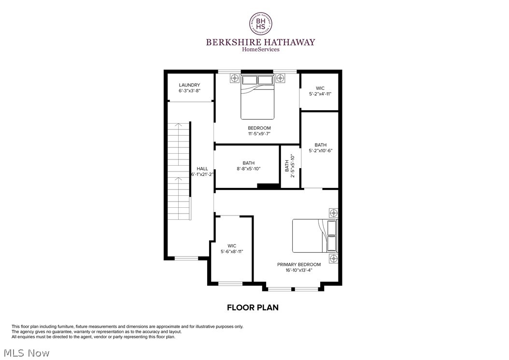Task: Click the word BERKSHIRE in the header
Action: tap(230, 42)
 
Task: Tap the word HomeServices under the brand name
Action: tap(260, 49)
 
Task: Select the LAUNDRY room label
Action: tap(189, 85)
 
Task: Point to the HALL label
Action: tap(202, 169)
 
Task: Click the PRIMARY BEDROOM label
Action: tap(299, 264)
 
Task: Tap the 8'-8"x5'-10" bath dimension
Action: tap(249, 169)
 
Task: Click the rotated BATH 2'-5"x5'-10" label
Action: tap(289, 166)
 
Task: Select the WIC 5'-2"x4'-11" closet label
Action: tap(320, 91)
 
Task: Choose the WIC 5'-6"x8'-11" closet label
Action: tap(232, 248)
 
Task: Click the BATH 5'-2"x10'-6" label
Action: tap(321, 147)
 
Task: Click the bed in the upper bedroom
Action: tap(258, 97)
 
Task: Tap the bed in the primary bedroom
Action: tap(315, 236)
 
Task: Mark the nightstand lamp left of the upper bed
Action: tap(235, 77)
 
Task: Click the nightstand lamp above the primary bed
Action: tap(333, 213)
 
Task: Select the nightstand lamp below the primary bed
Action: tap(333, 259)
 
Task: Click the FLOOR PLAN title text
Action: tap(253, 307)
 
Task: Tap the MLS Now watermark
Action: tap(25, 353)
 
